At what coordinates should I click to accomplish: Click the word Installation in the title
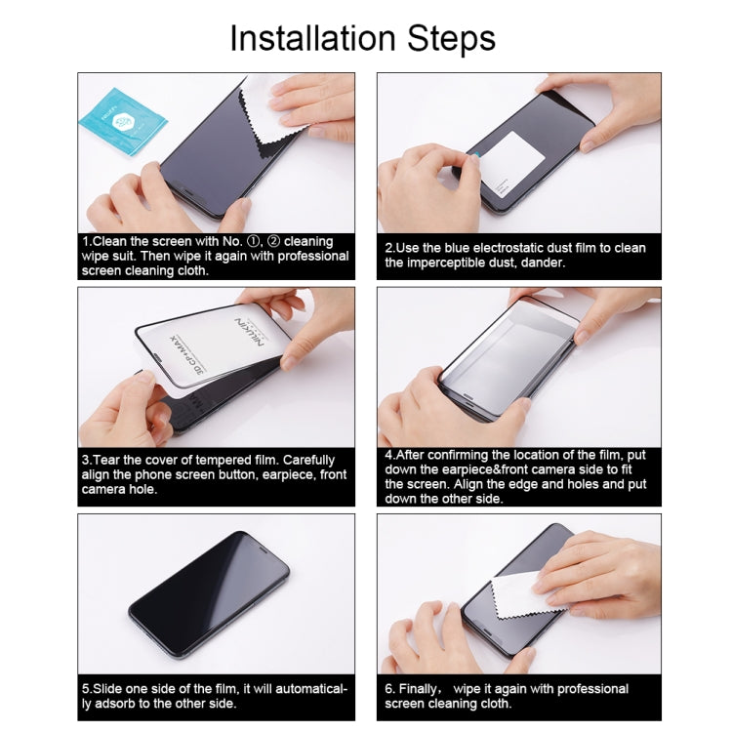click(305, 38)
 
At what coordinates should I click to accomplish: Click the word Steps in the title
click(446, 38)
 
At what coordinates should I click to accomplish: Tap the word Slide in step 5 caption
click(112, 689)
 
